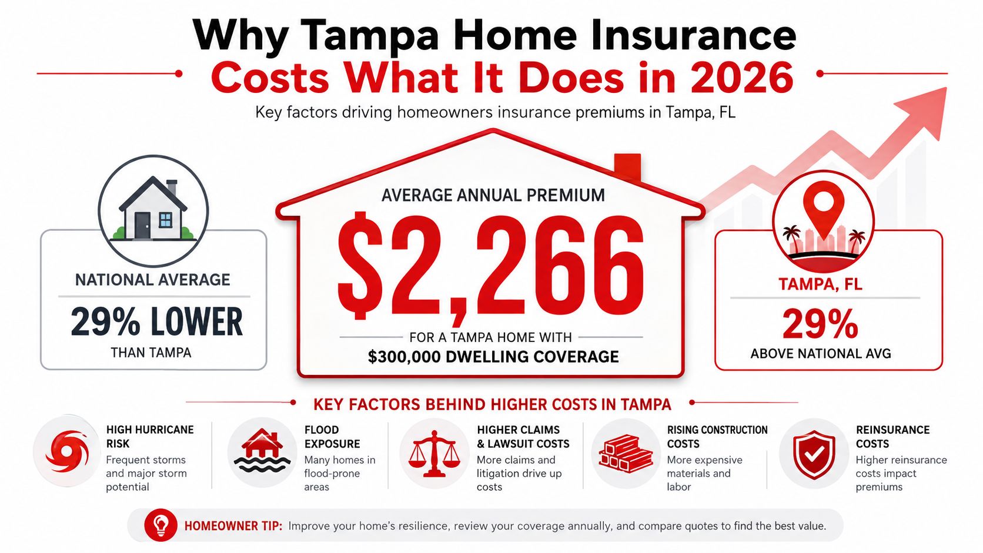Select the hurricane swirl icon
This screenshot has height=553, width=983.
click(x=67, y=452)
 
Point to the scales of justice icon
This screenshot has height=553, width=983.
click(x=434, y=454)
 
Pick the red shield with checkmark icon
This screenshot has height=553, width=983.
click(x=814, y=454)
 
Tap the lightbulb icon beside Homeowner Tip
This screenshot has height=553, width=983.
click(x=161, y=525)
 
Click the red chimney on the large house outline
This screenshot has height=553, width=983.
click(x=627, y=167)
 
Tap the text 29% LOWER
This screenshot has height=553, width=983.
click(x=156, y=322)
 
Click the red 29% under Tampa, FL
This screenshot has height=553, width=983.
click(x=820, y=324)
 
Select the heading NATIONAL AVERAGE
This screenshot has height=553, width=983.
click(x=153, y=280)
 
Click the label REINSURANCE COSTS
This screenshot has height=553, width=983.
click(x=892, y=437)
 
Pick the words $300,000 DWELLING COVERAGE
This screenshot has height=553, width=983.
click(x=493, y=357)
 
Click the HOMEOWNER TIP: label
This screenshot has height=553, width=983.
click(x=233, y=526)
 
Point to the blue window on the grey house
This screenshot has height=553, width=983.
click(x=165, y=220)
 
